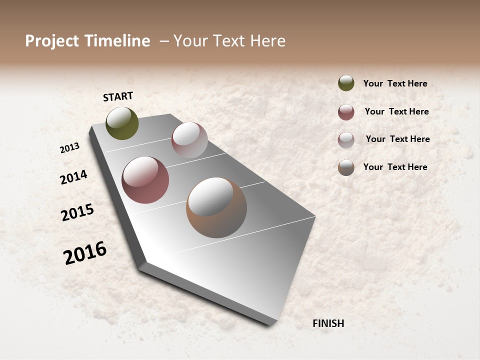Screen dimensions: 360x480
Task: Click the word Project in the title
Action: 51,41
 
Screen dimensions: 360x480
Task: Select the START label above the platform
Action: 118,96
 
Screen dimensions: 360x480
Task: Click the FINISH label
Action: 328,323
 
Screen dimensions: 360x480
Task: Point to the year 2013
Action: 70,148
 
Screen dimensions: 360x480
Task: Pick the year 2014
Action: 73,177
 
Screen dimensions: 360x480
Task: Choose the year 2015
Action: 77,212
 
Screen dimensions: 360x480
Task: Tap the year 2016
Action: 85,253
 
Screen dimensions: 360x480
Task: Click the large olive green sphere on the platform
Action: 122,123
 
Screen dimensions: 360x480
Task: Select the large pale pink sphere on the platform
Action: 189,140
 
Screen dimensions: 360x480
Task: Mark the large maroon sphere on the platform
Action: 145,180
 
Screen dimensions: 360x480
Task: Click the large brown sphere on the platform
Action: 216,207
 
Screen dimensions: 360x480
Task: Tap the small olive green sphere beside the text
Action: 346,83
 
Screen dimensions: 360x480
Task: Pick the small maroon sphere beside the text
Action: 346,112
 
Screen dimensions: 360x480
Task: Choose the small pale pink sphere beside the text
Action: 346,140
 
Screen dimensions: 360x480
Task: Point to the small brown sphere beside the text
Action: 346,167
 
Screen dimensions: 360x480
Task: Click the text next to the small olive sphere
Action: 395,84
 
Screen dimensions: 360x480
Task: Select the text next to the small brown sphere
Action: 395,167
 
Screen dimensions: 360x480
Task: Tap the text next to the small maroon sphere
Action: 396,111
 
